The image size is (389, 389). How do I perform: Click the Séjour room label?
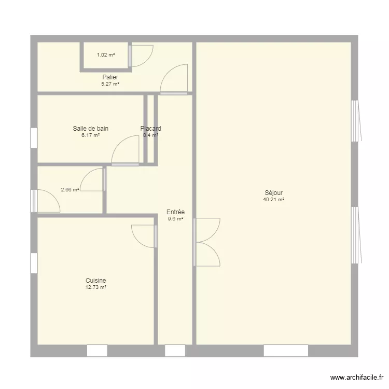[273, 193]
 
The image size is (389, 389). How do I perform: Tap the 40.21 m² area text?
[273, 199]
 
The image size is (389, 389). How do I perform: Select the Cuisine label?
[96, 281]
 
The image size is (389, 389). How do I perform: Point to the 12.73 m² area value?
[96, 287]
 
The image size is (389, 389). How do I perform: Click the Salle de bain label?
[91, 129]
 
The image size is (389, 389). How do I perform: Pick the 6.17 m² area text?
[91, 135]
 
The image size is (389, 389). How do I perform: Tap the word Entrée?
[175, 212]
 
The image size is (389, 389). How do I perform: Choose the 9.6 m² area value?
[175, 218]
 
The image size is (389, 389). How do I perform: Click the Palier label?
[110, 77]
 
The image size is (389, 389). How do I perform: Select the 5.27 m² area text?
[110, 84]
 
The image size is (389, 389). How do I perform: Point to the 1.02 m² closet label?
[106, 54]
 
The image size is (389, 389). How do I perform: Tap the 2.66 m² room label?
[70, 189]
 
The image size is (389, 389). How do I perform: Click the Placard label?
[150, 129]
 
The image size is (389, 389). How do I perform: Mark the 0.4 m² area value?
[150, 135]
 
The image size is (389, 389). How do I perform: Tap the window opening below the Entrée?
[175, 351]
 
